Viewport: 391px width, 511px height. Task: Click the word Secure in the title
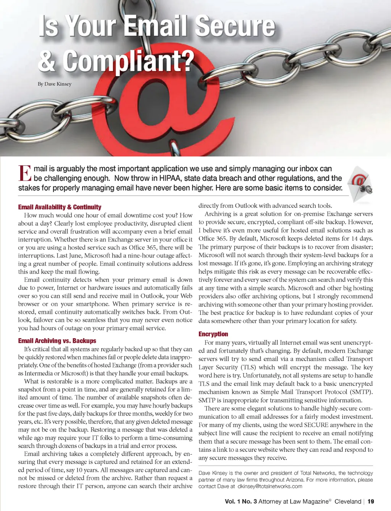235,27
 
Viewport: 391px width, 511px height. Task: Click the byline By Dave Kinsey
55,84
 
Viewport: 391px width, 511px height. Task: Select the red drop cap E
24,174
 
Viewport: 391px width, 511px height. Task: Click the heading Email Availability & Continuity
60,207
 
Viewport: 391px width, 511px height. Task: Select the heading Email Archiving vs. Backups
57,341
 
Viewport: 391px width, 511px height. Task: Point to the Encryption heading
213,334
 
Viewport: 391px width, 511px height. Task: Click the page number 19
371,501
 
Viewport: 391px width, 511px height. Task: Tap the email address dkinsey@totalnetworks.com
270,487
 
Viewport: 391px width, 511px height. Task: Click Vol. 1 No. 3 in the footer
241,501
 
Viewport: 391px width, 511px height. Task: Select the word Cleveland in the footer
347,501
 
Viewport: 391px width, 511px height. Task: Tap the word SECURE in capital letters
316,425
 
